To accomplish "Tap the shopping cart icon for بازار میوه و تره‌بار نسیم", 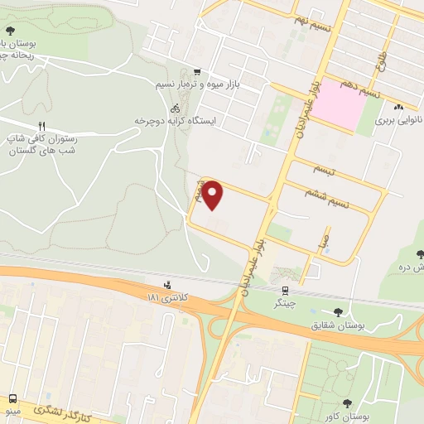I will [196, 72].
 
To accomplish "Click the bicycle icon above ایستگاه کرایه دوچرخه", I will [175, 108].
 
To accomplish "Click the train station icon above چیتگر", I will [285, 291].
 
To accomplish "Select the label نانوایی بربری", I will [397, 120].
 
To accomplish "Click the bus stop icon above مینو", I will [12, 398].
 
